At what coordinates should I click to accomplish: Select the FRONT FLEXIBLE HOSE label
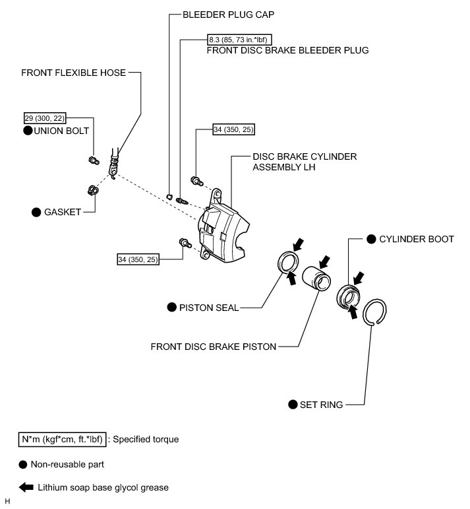point(73,73)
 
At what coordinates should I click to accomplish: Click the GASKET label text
point(63,212)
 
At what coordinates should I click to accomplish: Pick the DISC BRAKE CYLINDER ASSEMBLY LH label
point(304,162)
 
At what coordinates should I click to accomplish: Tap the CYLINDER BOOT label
point(416,239)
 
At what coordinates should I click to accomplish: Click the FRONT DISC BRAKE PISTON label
point(213,346)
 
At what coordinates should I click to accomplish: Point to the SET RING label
point(322,405)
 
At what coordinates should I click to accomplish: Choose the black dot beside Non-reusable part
point(23,463)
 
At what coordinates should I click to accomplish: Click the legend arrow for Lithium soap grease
point(26,488)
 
